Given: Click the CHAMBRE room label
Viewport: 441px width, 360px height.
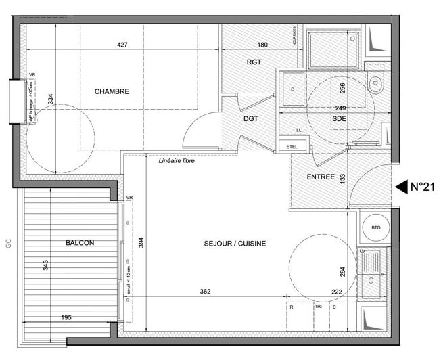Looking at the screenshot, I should (112, 91).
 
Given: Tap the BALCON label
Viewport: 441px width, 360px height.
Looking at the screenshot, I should (80, 243).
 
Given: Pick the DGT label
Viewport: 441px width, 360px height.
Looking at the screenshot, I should (251, 118).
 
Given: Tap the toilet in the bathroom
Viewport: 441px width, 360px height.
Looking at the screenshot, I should (375, 85).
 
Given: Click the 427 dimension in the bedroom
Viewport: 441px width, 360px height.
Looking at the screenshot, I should (122, 45).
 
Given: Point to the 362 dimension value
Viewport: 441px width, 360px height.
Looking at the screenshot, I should (206, 292).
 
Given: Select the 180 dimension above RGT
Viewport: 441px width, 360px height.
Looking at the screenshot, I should (263, 45).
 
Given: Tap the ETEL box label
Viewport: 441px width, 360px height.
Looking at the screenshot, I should (292, 145).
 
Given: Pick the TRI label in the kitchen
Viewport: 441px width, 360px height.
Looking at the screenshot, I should (319, 307).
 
